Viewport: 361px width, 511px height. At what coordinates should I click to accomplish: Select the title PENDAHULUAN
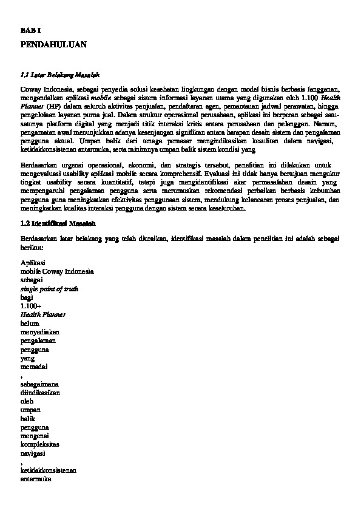[53, 44]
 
